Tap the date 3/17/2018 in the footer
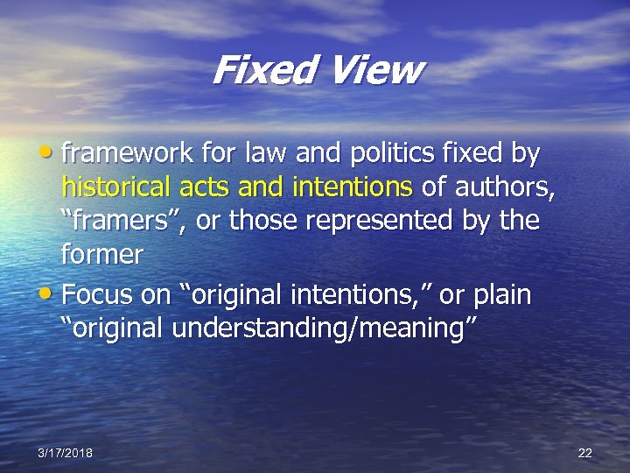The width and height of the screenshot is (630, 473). (x=66, y=453)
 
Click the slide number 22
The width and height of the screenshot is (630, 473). (x=585, y=453)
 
